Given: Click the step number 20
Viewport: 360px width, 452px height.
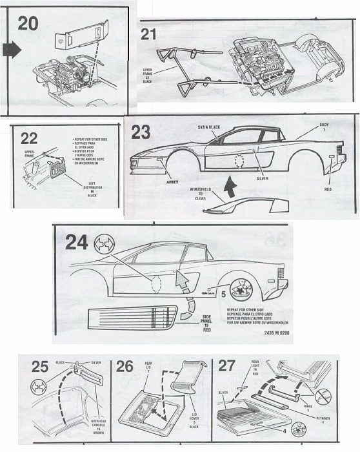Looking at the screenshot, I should (27, 24).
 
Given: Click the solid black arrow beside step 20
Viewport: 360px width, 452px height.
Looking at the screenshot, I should (12, 49).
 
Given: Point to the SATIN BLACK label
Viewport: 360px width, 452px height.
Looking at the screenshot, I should (209, 128).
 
